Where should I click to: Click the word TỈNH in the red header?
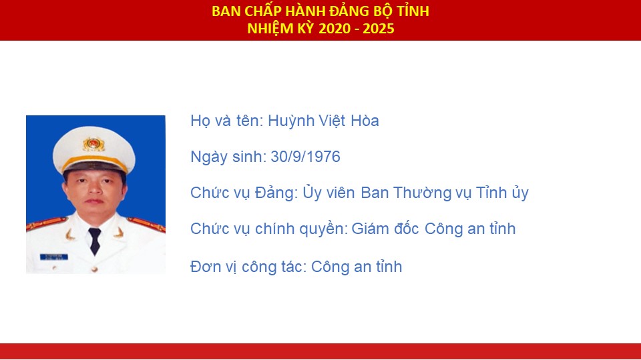pos(413,11)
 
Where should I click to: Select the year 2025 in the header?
pos(378,29)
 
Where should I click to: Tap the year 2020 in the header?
pos(335,29)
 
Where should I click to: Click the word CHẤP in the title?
pos(264,11)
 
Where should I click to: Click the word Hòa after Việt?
pos(365,121)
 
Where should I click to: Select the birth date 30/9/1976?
pos(305,157)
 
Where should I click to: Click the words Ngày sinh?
pos(226,157)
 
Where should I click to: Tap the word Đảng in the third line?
pos(276,193)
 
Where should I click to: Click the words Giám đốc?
pos(385,229)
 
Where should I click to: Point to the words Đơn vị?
pos(214,267)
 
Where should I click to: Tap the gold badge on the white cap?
pos(93,144)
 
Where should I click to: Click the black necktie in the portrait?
pos(94,241)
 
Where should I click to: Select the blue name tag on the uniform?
pos(54,257)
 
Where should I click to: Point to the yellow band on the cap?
pos(94,161)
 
